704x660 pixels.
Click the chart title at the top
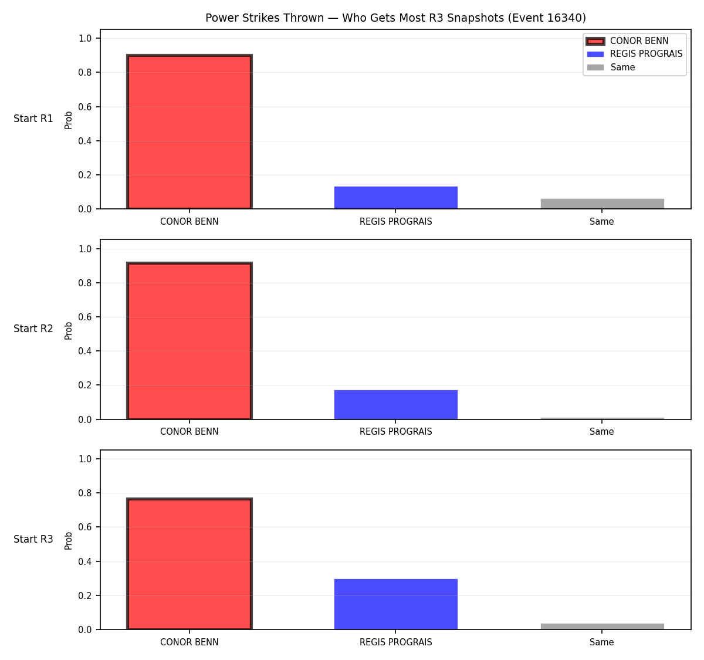click(x=395, y=18)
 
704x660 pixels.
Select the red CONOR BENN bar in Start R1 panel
click(x=189, y=131)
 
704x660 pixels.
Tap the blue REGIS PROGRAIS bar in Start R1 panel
click(x=395, y=198)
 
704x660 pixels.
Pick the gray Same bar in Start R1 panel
click(x=602, y=204)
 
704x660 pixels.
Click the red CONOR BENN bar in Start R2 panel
click(x=189, y=340)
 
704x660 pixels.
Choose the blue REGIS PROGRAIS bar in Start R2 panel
click(x=395, y=405)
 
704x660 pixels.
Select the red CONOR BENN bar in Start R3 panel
click(x=189, y=564)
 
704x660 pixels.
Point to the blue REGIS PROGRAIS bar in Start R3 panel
click(x=395, y=604)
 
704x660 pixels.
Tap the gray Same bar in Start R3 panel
click(x=602, y=627)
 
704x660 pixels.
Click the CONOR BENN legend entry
click(x=627, y=41)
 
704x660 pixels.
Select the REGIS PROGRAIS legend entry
click(x=635, y=54)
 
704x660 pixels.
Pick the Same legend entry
click(x=611, y=67)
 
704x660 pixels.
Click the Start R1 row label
click(x=33, y=119)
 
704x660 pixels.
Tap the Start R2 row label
click(x=33, y=329)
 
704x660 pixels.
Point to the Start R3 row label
click(x=33, y=539)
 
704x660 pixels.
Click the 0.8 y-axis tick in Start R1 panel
click(x=84, y=72)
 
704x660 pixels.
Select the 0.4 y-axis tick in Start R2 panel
click(x=84, y=351)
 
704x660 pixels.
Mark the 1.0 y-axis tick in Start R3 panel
click(x=84, y=459)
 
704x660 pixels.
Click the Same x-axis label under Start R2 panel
click(x=601, y=432)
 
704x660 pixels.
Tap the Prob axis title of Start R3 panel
click(x=69, y=541)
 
